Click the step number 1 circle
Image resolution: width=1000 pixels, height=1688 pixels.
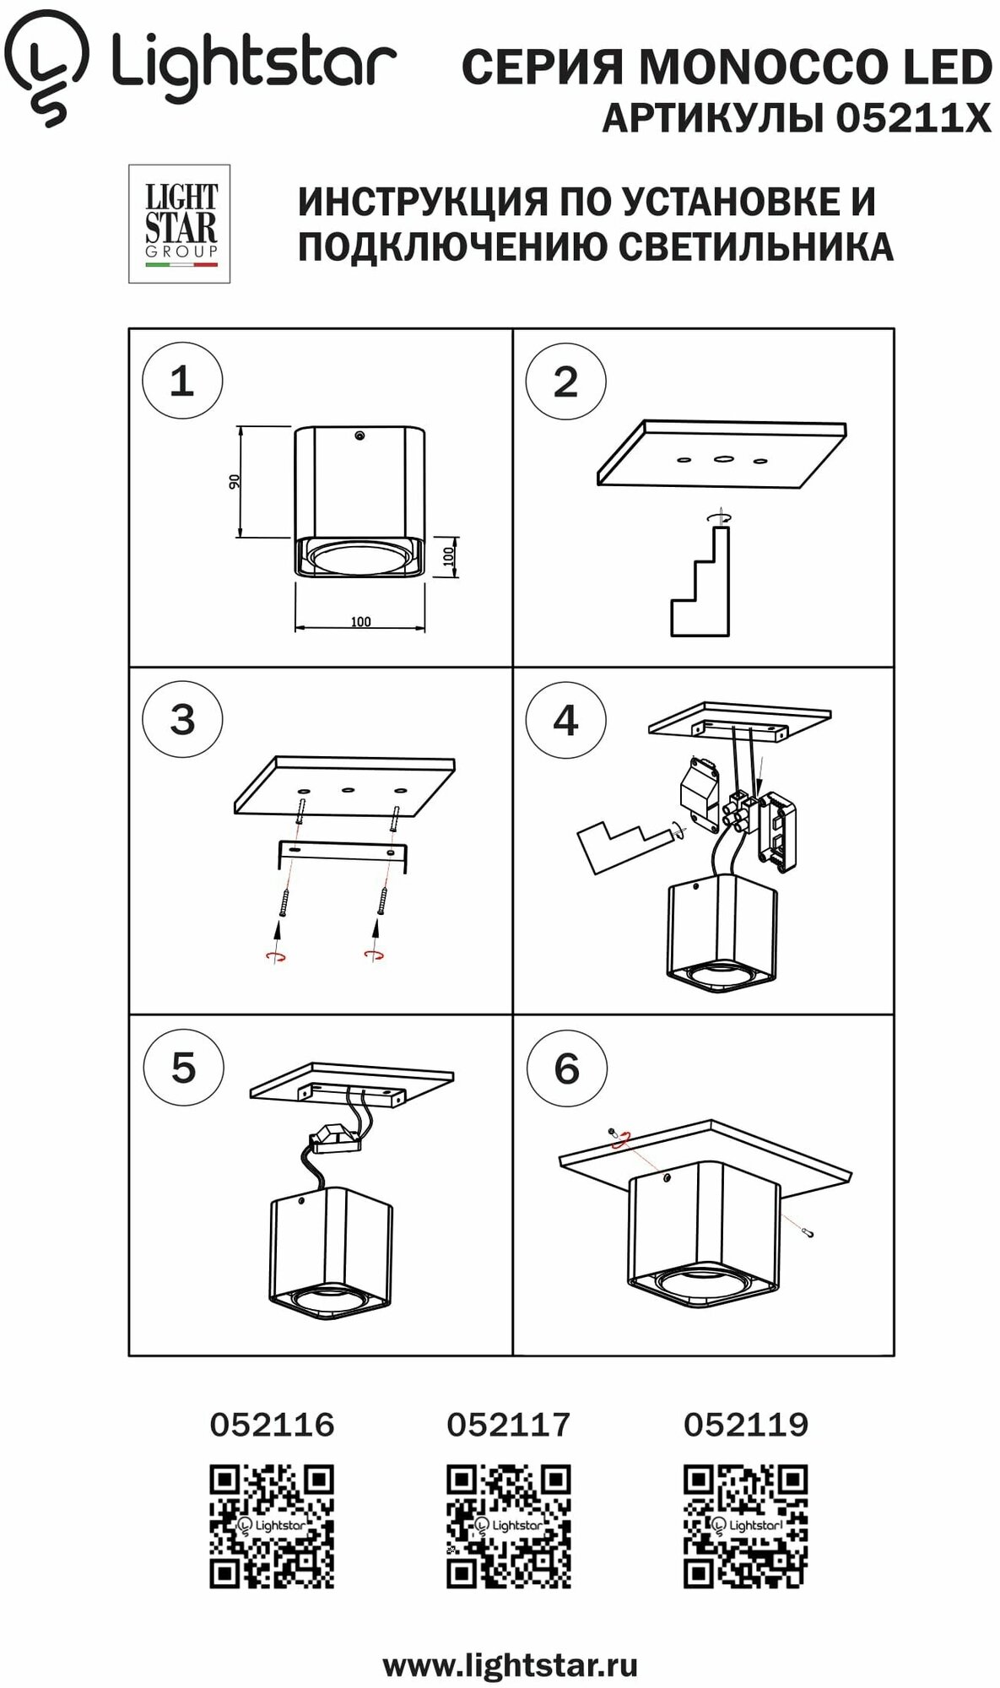pyautogui.click(x=181, y=381)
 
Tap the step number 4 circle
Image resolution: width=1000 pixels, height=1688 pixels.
pyautogui.click(x=565, y=721)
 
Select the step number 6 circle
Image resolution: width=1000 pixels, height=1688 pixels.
pyautogui.click(x=566, y=1069)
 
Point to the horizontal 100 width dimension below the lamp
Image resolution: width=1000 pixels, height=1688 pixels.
pyautogui.click(x=360, y=622)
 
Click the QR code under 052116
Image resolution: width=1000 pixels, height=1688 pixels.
pyautogui.click(x=272, y=1527)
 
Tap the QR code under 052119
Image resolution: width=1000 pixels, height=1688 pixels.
pyautogui.click(x=745, y=1527)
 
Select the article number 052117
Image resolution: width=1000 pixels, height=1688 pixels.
pyautogui.click(x=508, y=1425)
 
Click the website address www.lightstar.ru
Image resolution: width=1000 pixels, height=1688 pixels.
pyautogui.click(x=510, y=1666)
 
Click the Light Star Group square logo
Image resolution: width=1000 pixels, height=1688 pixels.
pyautogui.click(x=179, y=224)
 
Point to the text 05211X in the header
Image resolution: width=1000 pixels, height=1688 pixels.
pyautogui.click(x=913, y=119)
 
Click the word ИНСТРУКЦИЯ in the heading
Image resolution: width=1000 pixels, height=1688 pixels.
pyautogui.click(x=423, y=202)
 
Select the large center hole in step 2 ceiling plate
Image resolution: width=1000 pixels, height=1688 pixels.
pyautogui.click(x=722, y=459)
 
